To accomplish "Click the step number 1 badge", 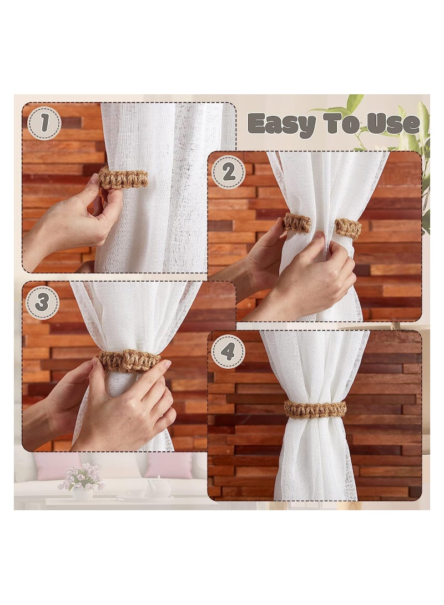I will (44, 123).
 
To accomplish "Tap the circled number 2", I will (228, 172).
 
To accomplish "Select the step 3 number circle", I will (42, 302).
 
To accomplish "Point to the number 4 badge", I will (228, 351).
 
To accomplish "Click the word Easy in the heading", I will (281, 124).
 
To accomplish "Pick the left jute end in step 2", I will (297, 222).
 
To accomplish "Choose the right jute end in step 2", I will (348, 227).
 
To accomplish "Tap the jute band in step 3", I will (129, 360).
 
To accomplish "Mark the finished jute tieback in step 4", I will (315, 409).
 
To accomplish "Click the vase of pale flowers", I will (83, 483).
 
